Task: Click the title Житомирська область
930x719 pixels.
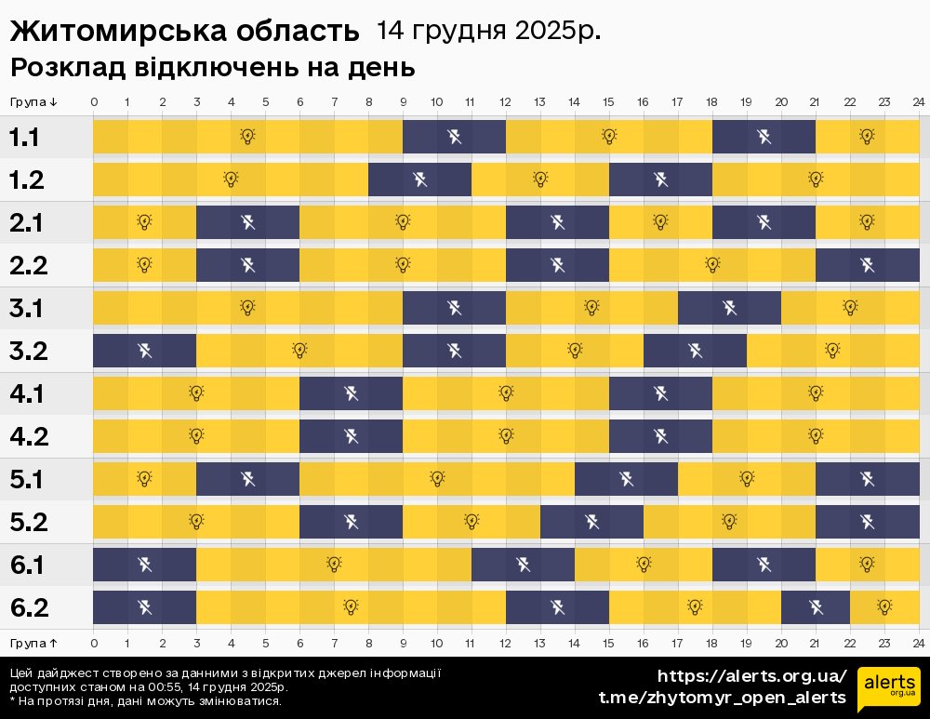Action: coord(184,31)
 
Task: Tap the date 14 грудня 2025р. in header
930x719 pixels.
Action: coord(488,31)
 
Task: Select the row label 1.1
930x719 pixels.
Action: coord(24,138)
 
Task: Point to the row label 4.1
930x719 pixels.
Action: coord(26,394)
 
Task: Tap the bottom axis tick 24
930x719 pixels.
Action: coord(918,643)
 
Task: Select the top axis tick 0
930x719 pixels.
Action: coord(94,102)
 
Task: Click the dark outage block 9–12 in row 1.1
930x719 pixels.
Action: coord(454,138)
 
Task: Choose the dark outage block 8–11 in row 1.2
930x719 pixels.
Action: coord(419,180)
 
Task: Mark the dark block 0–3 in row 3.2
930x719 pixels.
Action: coord(144,351)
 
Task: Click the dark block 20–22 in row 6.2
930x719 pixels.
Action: coord(816,607)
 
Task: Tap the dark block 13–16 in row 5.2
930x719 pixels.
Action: coord(591,522)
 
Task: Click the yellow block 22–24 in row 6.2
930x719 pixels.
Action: coord(884,607)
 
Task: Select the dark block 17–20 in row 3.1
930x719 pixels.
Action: coord(729,308)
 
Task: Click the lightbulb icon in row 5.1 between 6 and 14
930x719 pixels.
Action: coord(437,479)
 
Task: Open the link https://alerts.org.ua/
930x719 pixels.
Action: coord(752,676)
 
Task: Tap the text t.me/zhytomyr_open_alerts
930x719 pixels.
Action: coord(722,698)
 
